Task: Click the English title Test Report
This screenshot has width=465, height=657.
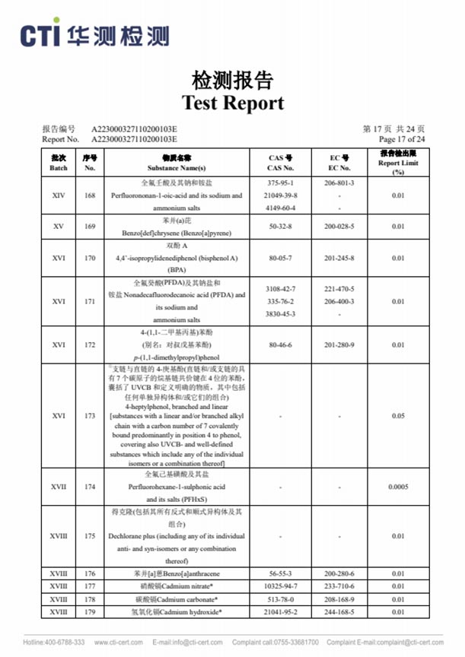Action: click(x=232, y=103)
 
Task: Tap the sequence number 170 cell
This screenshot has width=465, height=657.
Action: click(x=90, y=258)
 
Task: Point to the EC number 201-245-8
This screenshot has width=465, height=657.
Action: click(x=339, y=258)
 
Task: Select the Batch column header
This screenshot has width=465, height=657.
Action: click(x=59, y=162)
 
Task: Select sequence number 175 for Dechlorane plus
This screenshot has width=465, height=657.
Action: click(x=90, y=536)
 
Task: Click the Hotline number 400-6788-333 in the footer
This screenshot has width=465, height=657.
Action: click(x=54, y=643)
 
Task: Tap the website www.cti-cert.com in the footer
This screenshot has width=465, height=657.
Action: click(x=117, y=643)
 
